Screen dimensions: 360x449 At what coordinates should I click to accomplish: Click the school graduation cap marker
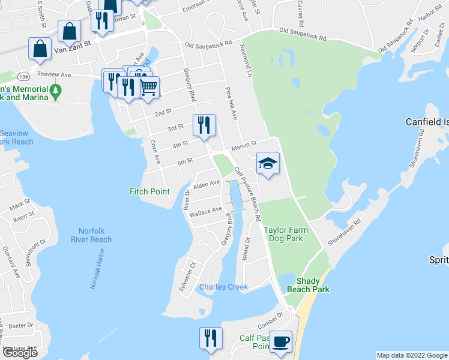268,163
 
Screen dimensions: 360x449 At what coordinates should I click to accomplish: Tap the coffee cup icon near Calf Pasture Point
280,342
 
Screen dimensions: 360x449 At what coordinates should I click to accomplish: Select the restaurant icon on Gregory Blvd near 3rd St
203,125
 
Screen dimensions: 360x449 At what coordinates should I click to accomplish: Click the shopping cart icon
148,87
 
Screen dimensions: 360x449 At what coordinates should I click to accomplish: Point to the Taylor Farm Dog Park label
285,233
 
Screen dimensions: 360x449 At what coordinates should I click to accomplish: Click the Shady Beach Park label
312,285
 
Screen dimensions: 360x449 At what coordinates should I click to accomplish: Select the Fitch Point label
149,191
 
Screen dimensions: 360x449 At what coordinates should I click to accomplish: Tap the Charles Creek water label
223,287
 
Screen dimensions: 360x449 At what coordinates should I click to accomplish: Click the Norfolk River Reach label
95,235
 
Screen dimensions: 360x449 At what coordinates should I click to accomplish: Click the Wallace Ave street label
205,212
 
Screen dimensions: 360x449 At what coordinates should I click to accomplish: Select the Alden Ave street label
206,184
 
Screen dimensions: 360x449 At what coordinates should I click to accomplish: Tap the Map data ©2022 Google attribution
411,355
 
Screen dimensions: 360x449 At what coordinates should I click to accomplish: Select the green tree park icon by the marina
56,92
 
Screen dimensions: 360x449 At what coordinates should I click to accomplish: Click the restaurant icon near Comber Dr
211,338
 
